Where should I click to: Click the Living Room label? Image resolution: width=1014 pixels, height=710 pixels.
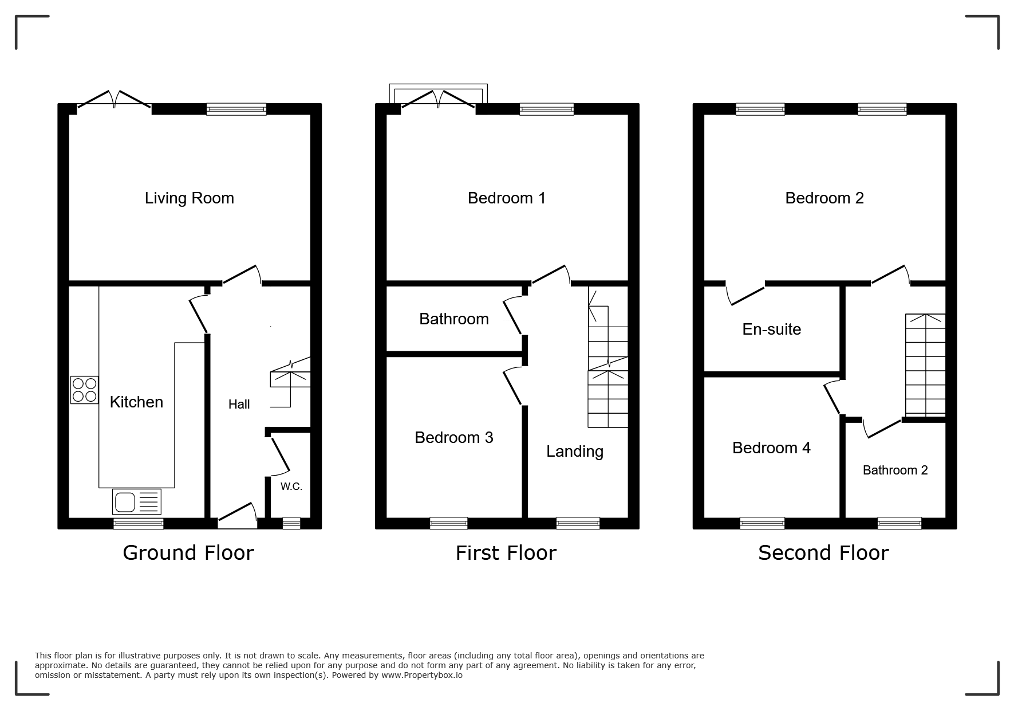189,198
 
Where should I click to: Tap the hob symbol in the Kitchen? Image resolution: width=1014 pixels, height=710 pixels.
84,390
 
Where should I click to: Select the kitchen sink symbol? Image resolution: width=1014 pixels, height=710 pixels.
137,502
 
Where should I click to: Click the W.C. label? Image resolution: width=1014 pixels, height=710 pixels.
291,487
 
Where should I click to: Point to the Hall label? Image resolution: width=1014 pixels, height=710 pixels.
239,405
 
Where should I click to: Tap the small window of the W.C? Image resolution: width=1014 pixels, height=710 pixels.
291,523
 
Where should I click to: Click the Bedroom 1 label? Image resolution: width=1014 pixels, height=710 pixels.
506,198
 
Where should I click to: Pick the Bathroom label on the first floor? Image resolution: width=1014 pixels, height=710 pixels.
453,319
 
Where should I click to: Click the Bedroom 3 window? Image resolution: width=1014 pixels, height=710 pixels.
448,523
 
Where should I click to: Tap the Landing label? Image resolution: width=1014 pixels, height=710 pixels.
574,452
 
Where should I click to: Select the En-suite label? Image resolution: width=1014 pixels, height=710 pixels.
771,329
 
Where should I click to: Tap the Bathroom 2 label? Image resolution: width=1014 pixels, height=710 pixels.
895,470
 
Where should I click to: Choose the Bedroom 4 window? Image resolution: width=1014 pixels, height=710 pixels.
762,523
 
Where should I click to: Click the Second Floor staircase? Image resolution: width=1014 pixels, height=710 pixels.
925,364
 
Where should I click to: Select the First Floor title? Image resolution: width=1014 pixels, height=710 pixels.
506,553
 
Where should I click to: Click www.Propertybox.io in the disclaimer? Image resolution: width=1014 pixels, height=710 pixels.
421,675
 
